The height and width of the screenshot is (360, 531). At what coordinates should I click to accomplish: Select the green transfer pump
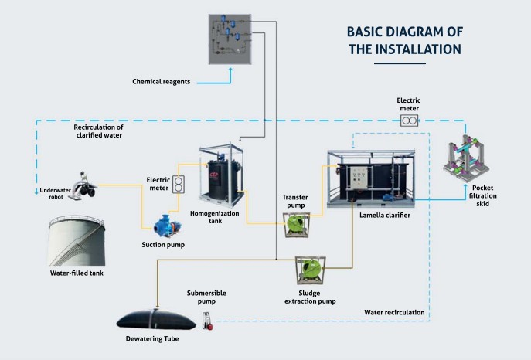coord(296,225)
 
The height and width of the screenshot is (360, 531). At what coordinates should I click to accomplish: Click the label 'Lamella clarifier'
coord(385,216)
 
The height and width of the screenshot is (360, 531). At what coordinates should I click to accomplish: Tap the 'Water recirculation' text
coord(393,313)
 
